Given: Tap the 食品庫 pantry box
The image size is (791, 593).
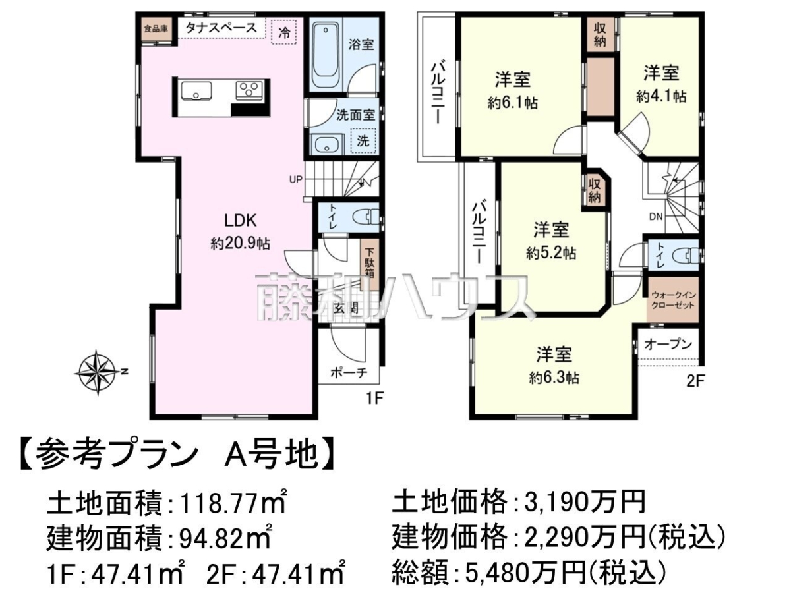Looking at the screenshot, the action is (156, 29).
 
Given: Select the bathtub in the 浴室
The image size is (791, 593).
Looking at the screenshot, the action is (326, 55).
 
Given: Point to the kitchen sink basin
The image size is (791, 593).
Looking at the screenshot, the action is (196, 90).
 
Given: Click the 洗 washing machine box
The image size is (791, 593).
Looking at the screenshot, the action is (363, 140).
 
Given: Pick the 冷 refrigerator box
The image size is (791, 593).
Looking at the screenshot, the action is (283, 32).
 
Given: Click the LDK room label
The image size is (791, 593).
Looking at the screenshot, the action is (241, 220).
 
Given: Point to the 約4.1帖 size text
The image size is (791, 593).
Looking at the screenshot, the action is (661, 96).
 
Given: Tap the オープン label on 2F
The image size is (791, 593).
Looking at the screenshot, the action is (668, 344).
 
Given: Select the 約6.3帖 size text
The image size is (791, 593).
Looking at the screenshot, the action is (554, 378).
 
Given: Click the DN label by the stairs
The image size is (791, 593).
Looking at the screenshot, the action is (657, 217).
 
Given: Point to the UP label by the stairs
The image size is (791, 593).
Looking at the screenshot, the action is (296, 179).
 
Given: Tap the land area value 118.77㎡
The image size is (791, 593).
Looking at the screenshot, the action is (234, 502).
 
